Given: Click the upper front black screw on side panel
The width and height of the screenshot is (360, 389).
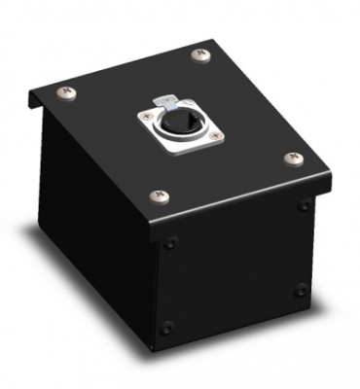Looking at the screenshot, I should (172, 244).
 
